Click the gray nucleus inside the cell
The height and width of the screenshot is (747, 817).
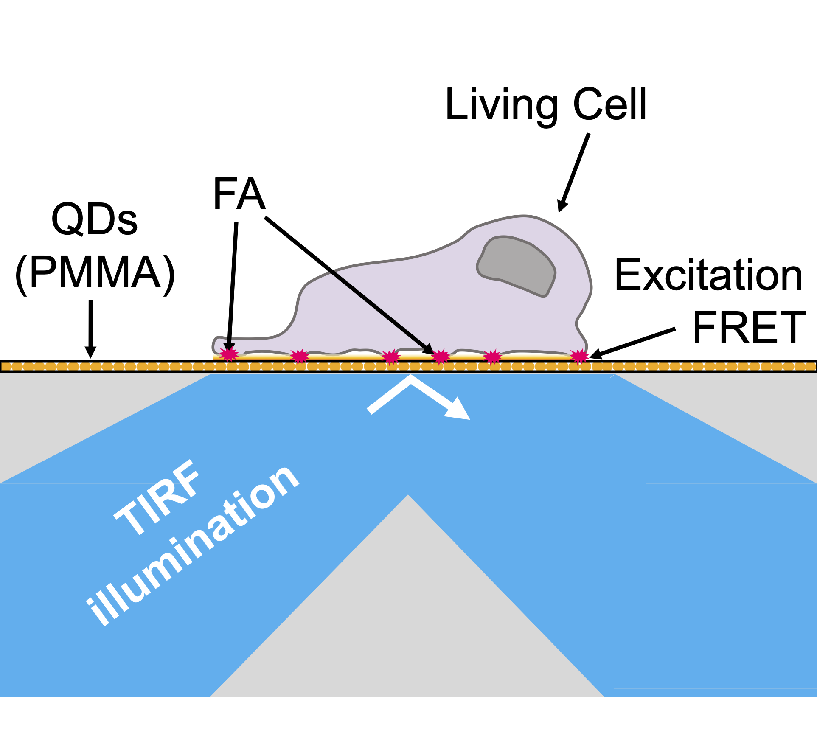click(516, 265)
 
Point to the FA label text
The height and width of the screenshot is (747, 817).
click(239, 194)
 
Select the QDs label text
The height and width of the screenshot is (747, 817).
click(94, 219)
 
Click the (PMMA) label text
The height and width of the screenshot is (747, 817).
click(95, 272)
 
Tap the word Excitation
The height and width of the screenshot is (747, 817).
click(708, 276)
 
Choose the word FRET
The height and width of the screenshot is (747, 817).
click(749, 328)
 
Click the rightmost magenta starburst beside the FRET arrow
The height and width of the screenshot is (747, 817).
click(579, 356)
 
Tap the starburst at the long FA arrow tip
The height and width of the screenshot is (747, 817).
click(441, 356)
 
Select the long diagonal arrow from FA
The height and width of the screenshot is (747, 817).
click(348, 284)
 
